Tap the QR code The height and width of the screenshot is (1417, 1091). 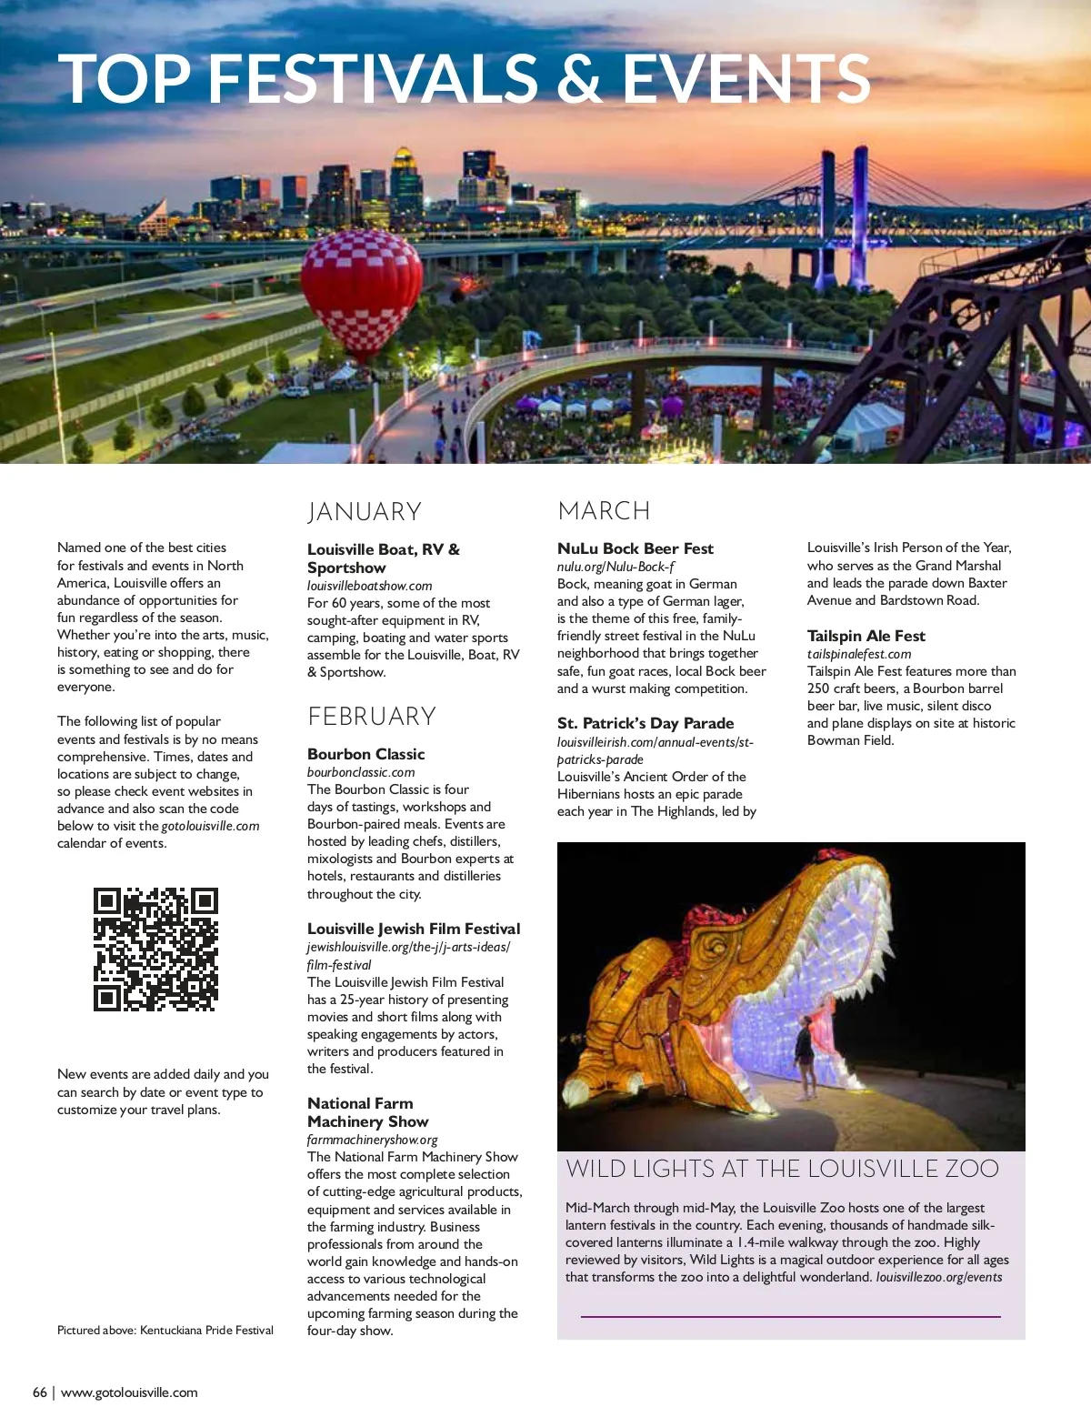click(155, 950)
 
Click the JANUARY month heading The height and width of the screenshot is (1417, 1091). click(365, 512)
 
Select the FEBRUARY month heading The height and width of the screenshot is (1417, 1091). click(372, 717)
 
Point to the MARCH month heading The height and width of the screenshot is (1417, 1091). click(604, 511)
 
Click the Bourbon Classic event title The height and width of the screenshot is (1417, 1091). click(365, 754)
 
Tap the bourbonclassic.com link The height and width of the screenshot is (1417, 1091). click(361, 772)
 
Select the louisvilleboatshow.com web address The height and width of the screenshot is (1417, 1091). click(369, 586)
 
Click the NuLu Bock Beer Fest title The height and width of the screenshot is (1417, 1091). click(635, 548)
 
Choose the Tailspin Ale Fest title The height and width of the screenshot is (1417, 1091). click(866, 636)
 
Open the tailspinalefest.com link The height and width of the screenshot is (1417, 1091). click(858, 654)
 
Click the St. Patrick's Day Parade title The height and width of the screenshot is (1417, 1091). click(645, 723)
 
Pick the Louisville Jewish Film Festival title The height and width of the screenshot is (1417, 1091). click(414, 929)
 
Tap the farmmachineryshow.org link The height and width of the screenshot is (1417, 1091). click(372, 1140)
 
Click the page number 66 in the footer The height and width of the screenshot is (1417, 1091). click(40, 1392)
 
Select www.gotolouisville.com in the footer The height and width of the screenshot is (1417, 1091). click(129, 1392)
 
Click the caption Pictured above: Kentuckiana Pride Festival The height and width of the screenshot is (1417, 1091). click(165, 1330)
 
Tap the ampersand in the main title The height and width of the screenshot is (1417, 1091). click(579, 78)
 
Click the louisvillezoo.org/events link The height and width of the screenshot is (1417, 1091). click(939, 1277)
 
